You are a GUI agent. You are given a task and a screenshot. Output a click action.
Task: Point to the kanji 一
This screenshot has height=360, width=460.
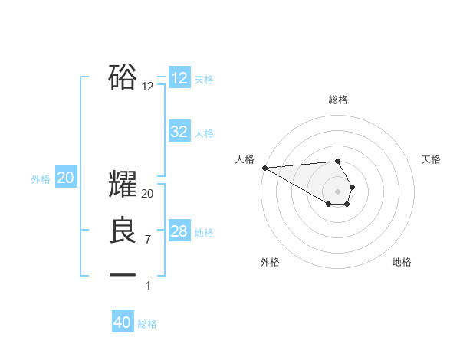(x=123, y=274)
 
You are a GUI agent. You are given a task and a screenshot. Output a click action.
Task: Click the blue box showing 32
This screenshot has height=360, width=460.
(x=179, y=132)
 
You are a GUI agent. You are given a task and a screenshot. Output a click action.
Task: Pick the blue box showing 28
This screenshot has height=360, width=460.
(x=179, y=231)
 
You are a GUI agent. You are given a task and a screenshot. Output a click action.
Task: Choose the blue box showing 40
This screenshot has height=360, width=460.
(x=123, y=322)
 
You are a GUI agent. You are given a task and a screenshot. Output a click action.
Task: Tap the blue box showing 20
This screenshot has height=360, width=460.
(x=66, y=178)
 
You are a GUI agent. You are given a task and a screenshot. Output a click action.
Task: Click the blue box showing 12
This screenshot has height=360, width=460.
(x=179, y=78)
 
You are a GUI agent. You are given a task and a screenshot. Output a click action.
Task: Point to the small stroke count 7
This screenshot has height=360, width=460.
(x=148, y=240)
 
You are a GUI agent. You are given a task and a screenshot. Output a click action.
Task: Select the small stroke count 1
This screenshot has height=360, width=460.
(x=148, y=286)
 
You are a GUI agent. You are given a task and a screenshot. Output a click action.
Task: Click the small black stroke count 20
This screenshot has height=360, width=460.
(x=148, y=194)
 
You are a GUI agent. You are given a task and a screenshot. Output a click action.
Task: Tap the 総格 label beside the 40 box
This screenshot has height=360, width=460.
(x=147, y=324)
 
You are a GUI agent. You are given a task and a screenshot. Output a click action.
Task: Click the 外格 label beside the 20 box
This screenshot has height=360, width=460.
(x=41, y=179)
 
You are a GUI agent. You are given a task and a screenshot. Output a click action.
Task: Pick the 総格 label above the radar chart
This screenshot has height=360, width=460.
(x=338, y=100)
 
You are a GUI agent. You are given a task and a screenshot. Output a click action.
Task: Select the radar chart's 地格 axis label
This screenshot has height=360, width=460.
(x=402, y=262)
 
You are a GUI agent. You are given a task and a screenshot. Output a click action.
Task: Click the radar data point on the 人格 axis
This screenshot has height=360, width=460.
(x=264, y=168)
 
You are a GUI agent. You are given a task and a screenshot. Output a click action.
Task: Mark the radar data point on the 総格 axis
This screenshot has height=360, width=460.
(x=338, y=162)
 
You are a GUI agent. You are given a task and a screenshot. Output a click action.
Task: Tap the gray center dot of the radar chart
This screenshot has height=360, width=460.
(x=338, y=191)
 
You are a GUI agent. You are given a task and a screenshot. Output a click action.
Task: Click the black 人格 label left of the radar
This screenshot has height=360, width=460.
(x=245, y=159)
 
